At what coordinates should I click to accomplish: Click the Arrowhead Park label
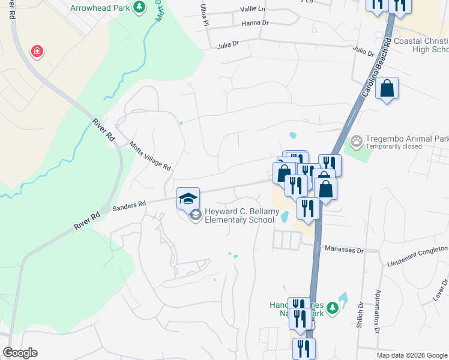point(100,8)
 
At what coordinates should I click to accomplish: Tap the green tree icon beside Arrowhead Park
point(139,7)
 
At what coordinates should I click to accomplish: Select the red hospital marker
point(37,51)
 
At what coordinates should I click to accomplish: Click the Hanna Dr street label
point(254,23)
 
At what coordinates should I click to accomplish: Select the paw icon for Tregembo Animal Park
point(357,142)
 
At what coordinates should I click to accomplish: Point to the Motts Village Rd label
point(151,156)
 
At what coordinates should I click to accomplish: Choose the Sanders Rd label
point(130,205)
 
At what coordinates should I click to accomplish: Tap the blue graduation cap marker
point(188,197)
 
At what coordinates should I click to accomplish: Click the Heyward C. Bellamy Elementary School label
point(234,215)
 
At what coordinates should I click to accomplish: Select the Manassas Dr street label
point(345,248)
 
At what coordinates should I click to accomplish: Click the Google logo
point(20,353)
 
